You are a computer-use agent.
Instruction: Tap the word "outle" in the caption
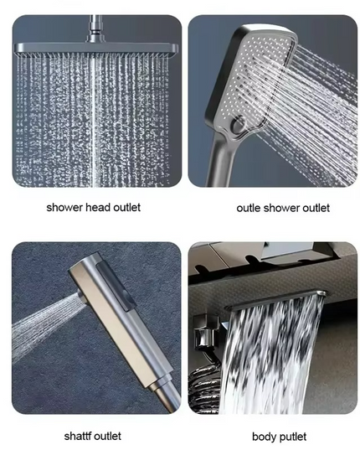(x=249, y=208)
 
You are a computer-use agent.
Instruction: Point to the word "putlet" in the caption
(x=291, y=437)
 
